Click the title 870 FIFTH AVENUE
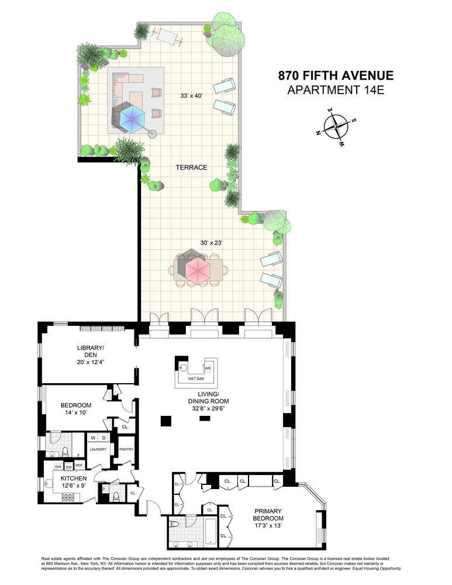point(335,75)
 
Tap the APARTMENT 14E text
point(335,90)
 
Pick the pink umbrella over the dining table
point(197,269)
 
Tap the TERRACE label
point(192,167)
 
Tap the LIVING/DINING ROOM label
point(208,397)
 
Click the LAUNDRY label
point(97,450)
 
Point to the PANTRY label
point(126,450)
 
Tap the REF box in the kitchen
point(79,466)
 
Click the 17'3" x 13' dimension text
point(268,526)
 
